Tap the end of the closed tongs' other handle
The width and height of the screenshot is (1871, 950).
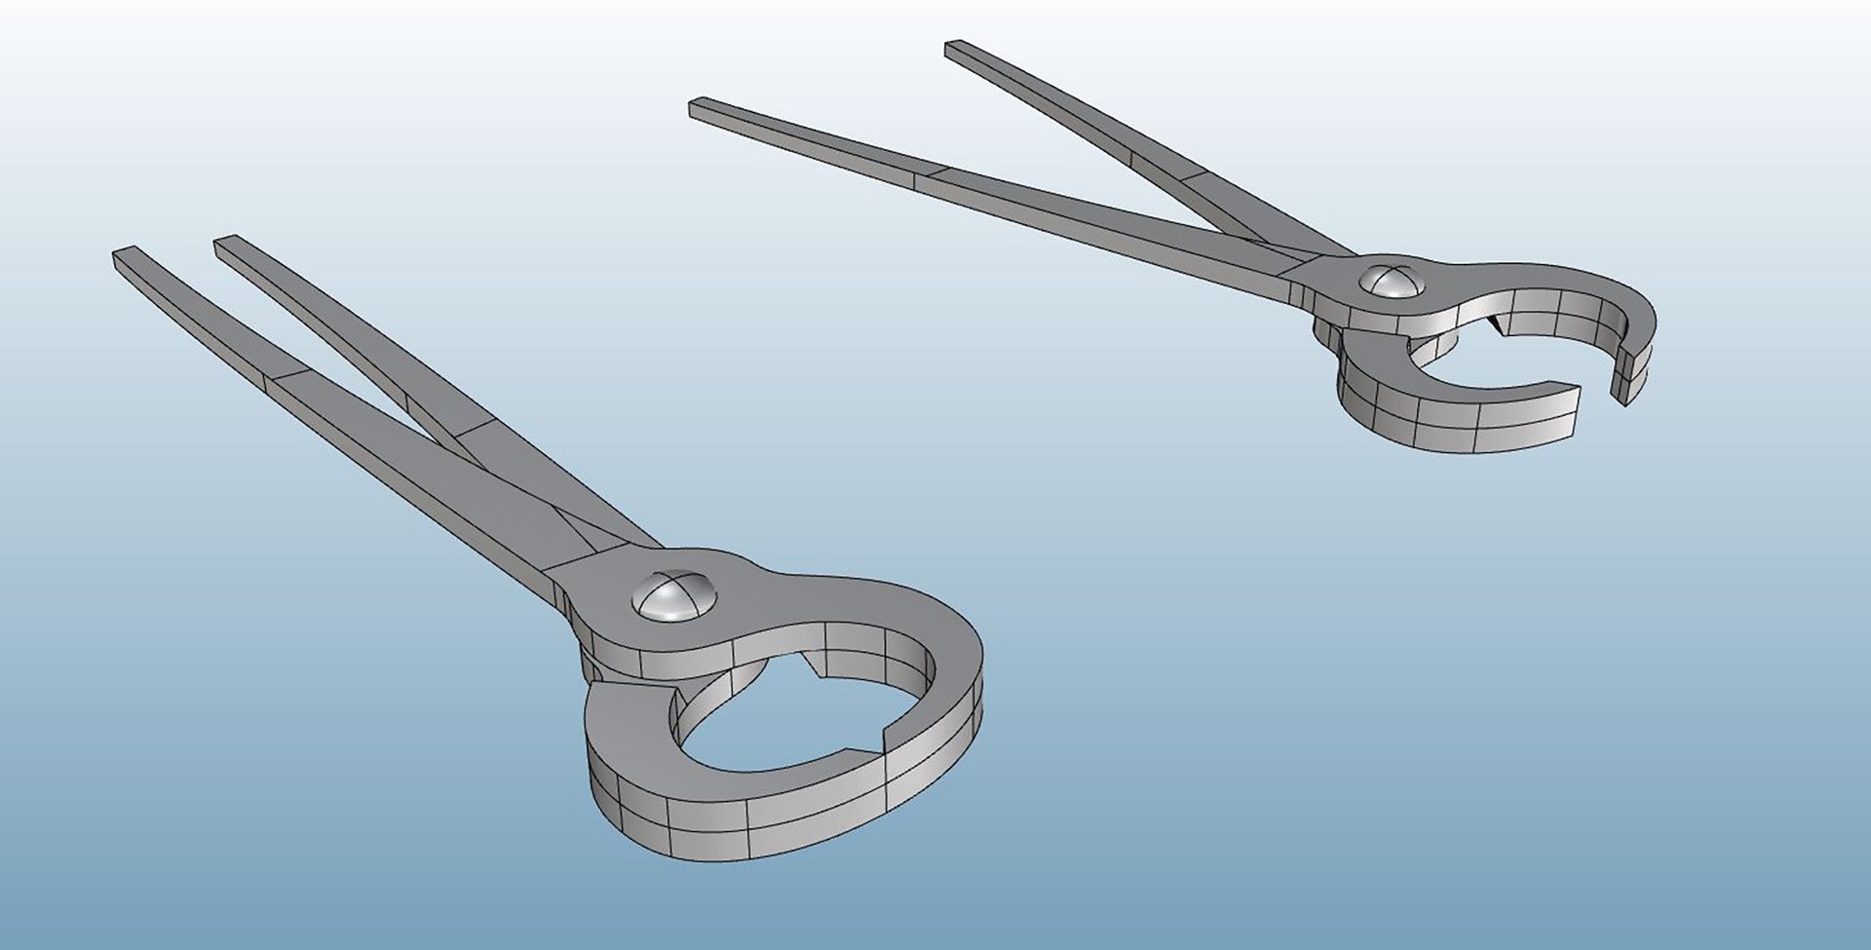(x=226, y=245)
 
